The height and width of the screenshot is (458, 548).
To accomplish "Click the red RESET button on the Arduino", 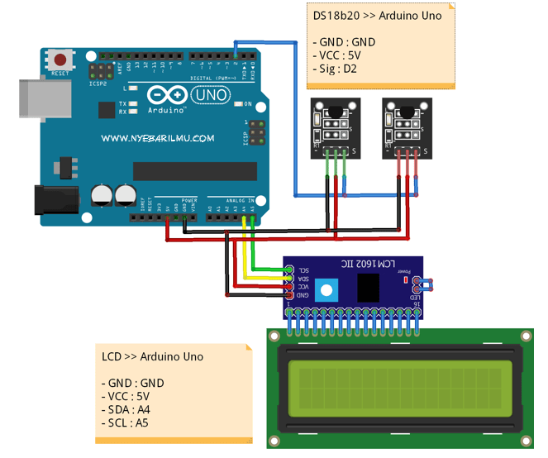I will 60,60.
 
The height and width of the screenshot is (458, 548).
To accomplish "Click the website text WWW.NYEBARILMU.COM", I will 158,139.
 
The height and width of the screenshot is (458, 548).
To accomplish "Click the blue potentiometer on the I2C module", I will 327,289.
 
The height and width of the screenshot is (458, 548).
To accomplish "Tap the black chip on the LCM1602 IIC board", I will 369,287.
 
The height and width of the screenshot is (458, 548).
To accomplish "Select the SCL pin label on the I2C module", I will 303,270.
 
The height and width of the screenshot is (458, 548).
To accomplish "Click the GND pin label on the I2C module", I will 303,294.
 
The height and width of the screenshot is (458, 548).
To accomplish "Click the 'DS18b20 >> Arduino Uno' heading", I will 376,15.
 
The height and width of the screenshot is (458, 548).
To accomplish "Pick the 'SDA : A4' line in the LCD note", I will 131,409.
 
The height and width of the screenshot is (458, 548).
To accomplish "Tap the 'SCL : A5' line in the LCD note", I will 131,422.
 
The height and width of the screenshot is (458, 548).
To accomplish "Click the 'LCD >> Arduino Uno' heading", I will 152,356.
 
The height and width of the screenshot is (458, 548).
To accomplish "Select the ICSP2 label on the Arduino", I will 99,83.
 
